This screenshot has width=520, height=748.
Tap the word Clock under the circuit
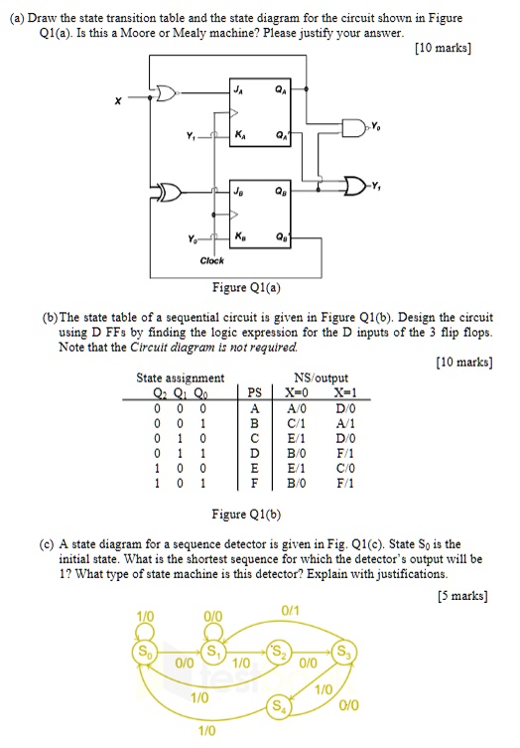(x=211, y=261)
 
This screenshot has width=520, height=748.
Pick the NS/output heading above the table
(x=322, y=377)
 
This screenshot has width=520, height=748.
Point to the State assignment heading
(x=180, y=377)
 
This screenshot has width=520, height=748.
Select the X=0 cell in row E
(x=295, y=471)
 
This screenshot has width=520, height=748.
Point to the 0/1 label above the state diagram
(x=291, y=610)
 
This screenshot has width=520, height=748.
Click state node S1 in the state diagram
(x=210, y=653)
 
